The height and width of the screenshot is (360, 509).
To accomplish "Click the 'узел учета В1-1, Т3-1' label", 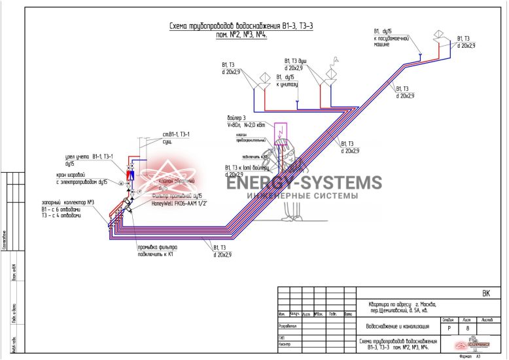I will click(90, 160).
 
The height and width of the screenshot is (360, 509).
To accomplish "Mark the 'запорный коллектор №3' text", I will click(68, 208).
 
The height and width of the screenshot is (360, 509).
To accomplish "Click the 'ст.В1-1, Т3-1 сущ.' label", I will click(176, 137).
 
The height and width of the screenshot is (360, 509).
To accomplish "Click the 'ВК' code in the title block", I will click(485, 293).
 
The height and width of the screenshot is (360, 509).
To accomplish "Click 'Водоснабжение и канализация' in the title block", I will click(396, 325).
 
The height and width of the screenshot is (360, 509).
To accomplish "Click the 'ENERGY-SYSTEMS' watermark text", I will click(304, 183).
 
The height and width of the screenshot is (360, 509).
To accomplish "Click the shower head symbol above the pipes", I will click(336, 60).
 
